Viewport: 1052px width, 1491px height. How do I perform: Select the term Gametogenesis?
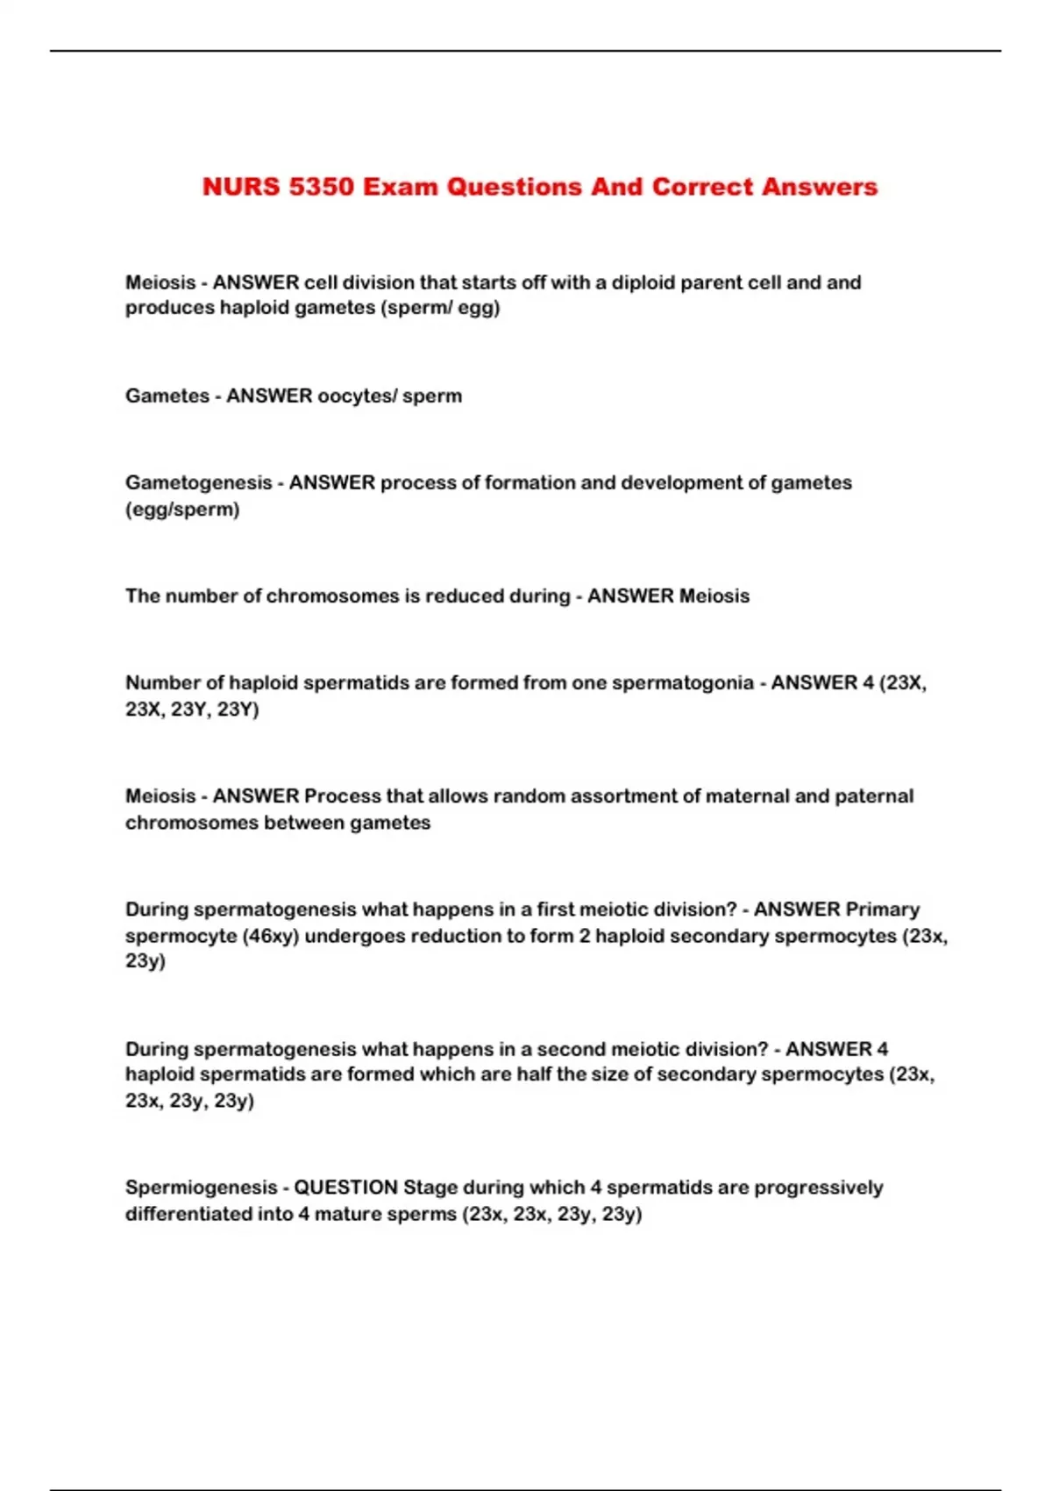click(198, 482)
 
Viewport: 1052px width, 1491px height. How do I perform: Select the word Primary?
click(883, 909)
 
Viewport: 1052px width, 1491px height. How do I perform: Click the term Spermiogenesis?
click(201, 1188)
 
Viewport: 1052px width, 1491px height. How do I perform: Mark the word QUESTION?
click(345, 1188)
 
